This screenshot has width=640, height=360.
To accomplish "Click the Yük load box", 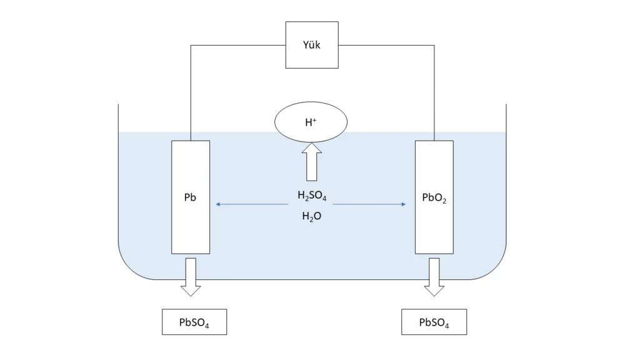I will tap(312, 45).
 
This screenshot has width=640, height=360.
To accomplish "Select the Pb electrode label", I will tap(191, 197).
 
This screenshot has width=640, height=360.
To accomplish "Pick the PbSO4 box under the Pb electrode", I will tap(194, 322).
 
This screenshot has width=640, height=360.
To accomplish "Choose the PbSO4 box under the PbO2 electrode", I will tap(434, 322).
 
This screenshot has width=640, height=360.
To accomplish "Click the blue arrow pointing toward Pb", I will tap(250, 204).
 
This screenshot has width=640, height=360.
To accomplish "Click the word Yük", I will tap(312, 45).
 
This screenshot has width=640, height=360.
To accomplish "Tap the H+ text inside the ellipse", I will tap(311, 122).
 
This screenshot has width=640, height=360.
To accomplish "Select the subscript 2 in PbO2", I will tap(444, 202).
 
